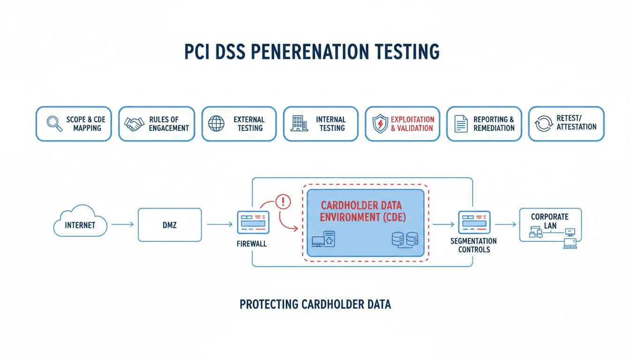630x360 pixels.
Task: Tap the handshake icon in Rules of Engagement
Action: [x=134, y=124]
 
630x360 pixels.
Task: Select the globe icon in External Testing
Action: [x=216, y=124]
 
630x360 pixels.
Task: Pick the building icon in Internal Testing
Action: [x=299, y=124]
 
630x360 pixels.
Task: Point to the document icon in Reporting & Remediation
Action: [x=461, y=124]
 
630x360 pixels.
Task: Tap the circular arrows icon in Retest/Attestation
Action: [x=544, y=124]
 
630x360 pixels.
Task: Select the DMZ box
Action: [x=170, y=225]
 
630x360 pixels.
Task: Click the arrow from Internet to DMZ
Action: [x=122, y=225]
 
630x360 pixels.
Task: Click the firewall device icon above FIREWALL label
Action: [x=253, y=222]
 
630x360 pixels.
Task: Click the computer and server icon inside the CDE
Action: [x=323, y=240]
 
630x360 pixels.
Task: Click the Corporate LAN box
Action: [x=550, y=225]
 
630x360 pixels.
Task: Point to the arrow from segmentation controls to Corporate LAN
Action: [x=505, y=225]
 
